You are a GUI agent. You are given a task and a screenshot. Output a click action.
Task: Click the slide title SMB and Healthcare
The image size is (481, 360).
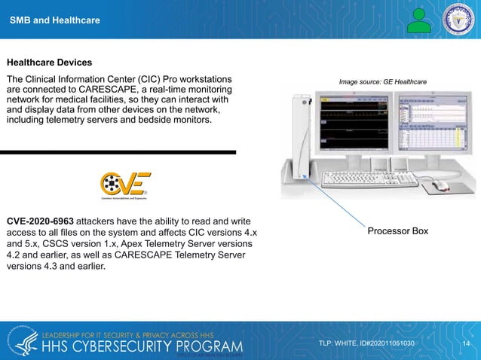pos(54,20)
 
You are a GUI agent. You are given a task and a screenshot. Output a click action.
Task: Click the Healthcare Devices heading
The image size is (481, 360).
pos(49,62)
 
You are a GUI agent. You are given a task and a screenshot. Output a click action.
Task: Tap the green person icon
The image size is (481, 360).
pos(419,20)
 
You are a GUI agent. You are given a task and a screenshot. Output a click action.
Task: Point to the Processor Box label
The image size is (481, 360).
pos(397,230)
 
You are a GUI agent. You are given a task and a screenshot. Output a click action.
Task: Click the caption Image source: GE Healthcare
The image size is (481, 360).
pos(383,81)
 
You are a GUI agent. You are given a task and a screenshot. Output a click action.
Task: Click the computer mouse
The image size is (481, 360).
pos(440,185)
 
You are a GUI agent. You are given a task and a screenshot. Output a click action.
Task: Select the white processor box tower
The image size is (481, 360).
pos(301,139)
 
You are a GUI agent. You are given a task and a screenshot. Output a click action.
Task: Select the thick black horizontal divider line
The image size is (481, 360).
pos(118,152)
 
